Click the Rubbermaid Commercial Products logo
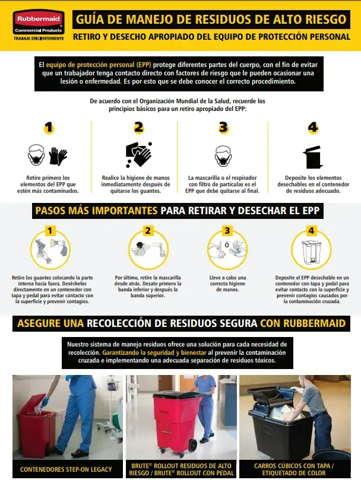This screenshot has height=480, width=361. click(x=39, y=24)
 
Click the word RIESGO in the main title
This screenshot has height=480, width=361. click(x=326, y=20)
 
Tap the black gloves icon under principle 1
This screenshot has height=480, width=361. click(x=58, y=156)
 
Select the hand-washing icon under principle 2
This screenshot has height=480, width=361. click(x=139, y=154)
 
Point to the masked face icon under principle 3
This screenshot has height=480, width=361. click(x=223, y=156)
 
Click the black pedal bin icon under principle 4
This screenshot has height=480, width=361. click(x=313, y=157)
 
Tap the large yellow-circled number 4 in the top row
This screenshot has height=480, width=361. click(x=313, y=128)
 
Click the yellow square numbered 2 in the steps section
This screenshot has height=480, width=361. click(x=148, y=231)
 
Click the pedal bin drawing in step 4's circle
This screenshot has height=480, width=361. click(x=311, y=252)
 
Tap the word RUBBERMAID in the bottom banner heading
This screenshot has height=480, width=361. click(x=315, y=323)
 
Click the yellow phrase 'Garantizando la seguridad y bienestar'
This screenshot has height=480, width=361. click(x=154, y=352)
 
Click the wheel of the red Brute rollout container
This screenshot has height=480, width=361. click(x=192, y=446)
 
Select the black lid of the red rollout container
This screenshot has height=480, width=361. click(x=177, y=395)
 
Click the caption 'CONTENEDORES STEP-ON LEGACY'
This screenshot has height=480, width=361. click(x=66, y=469)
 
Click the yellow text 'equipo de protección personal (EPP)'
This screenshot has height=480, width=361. click(x=99, y=65)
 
